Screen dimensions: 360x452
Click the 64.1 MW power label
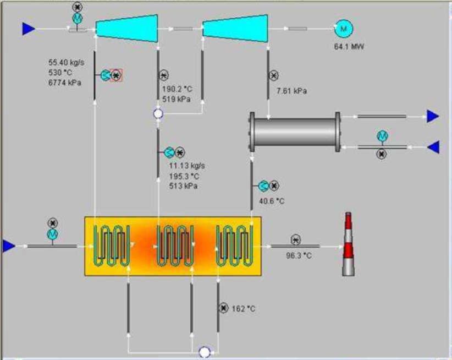[x=349, y=47]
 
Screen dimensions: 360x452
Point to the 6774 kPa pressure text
[x=64, y=81]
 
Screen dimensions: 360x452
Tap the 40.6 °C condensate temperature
[x=272, y=201]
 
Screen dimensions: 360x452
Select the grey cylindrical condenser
[x=295, y=133]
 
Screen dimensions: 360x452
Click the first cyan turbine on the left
[x=127, y=27]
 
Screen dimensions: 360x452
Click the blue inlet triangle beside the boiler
[x=8, y=246]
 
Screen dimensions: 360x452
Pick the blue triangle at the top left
[x=28, y=28]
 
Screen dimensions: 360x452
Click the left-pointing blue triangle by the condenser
[x=433, y=147]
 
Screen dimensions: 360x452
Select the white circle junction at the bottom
[x=205, y=352]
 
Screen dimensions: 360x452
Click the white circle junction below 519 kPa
[x=158, y=114]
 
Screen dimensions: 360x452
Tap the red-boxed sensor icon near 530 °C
[x=116, y=75]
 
